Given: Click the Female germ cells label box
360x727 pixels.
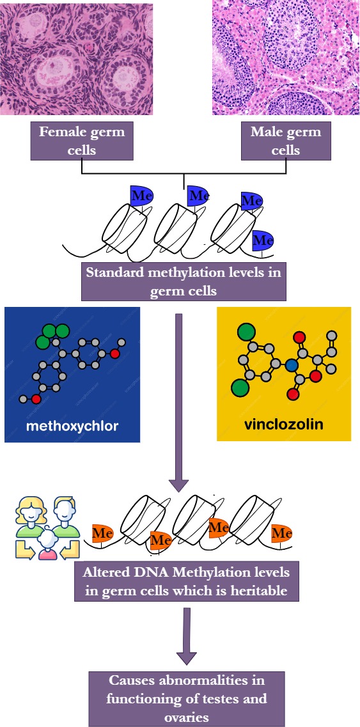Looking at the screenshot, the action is pyautogui.click(x=82, y=141).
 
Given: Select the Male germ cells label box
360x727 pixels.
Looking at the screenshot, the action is pyautogui.click(x=286, y=141).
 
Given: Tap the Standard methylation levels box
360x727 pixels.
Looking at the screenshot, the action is pyautogui.click(x=184, y=281).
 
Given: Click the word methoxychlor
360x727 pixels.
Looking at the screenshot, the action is pyautogui.click(x=72, y=426).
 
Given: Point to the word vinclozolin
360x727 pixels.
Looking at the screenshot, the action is pyautogui.click(x=283, y=424).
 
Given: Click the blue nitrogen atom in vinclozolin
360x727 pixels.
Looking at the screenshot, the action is pyautogui.click(x=292, y=366).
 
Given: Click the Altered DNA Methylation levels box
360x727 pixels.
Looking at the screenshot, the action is pyautogui.click(x=187, y=581).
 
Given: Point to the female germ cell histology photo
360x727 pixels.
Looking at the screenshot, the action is pyautogui.click(x=76, y=58).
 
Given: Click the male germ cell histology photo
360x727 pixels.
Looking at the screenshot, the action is pyautogui.click(x=285, y=58).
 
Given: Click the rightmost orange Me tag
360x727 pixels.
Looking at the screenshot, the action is pyautogui.click(x=281, y=534).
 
